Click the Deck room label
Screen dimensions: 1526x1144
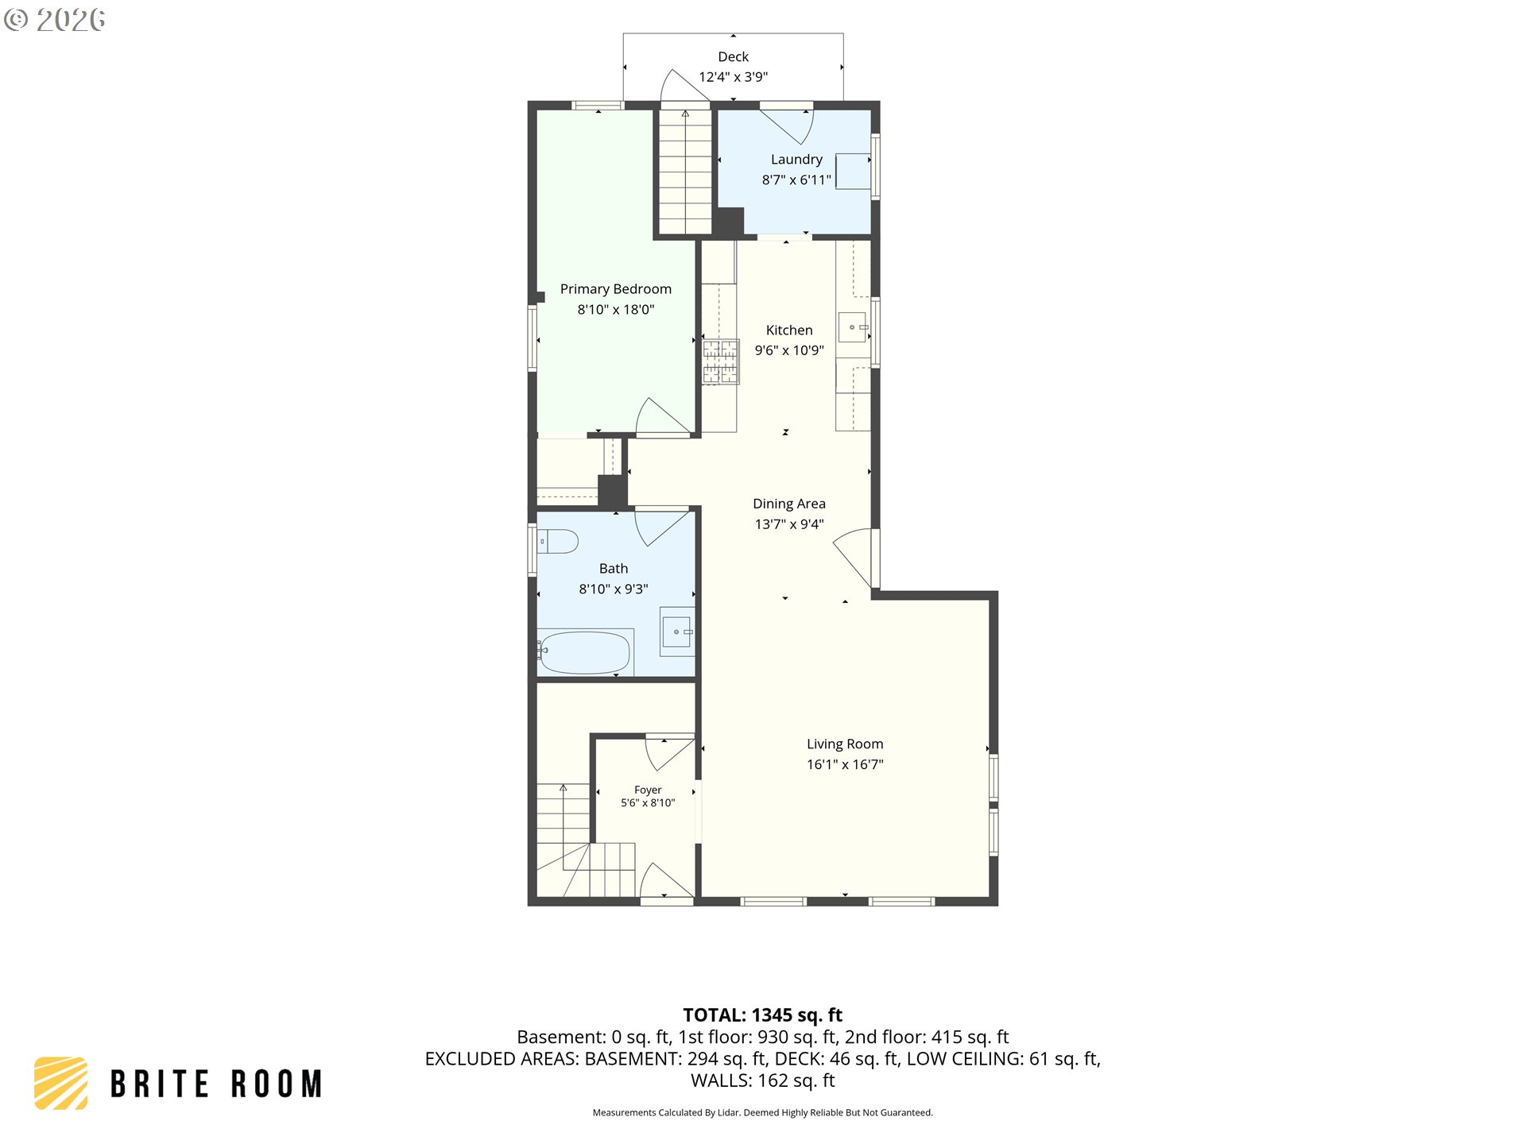(733, 56)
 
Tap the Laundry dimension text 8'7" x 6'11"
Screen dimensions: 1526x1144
(796, 180)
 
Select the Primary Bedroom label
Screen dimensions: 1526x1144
(616, 289)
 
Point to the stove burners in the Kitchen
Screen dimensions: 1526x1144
(720, 362)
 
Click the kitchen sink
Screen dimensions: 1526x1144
(853, 327)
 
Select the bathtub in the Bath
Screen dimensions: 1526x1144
(585, 652)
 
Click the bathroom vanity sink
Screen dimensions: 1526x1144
(677, 632)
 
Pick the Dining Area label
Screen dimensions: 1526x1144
(789, 504)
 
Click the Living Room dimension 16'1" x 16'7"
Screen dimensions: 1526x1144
(845, 764)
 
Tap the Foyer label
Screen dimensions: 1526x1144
(648, 790)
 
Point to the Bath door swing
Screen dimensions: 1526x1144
(664, 528)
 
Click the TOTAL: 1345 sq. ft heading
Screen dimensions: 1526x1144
(763, 1015)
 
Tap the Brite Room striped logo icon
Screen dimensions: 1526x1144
(60, 1083)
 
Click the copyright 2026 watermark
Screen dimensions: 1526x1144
(54, 20)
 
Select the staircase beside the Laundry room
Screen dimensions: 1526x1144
(685, 172)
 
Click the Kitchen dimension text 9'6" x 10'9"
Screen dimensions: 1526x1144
(789, 350)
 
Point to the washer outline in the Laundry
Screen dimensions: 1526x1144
(853, 171)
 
